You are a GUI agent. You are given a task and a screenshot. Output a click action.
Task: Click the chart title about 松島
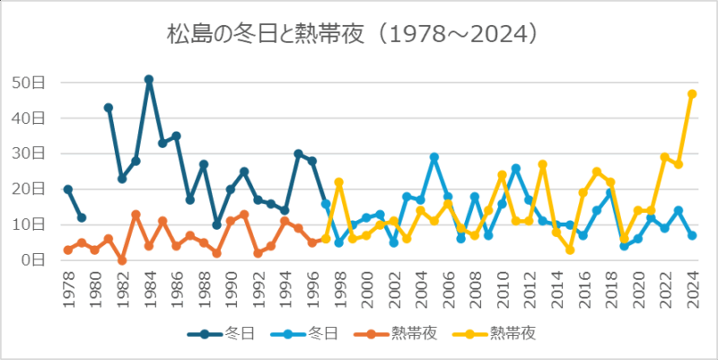358,34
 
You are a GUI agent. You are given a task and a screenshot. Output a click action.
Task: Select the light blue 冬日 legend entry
318,333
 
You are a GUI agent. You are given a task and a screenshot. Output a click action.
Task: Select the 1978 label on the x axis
68,288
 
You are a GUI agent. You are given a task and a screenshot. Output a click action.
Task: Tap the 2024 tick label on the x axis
692,288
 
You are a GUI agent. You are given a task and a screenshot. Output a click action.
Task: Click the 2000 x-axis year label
366,288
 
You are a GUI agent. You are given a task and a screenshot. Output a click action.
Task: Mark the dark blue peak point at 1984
149,79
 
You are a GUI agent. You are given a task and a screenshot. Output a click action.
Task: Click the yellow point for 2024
692,93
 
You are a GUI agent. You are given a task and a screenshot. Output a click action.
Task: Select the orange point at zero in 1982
122,260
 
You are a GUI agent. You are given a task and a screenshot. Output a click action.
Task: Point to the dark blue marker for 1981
109,108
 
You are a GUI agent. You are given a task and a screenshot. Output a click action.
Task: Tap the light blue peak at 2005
434,157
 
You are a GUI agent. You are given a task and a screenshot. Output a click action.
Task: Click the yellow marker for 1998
339,182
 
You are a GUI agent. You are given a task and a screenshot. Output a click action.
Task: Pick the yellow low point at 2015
570,250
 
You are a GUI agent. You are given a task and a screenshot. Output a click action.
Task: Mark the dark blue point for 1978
68,189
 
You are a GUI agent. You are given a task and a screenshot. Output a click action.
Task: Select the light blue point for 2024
692,235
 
